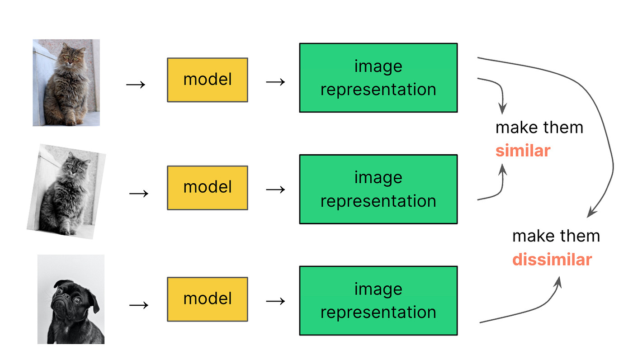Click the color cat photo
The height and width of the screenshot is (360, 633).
click(x=66, y=83)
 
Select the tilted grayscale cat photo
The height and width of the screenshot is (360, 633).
click(x=66, y=191)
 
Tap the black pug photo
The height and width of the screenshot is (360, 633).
click(x=71, y=299)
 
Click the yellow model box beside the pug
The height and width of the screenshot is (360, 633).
click(x=208, y=299)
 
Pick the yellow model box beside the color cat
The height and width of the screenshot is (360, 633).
click(x=208, y=80)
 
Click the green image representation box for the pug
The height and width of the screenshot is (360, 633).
click(x=378, y=301)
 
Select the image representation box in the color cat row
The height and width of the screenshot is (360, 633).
click(x=378, y=78)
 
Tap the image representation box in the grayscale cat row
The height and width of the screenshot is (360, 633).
click(x=378, y=189)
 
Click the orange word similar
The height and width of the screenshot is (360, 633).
click(x=522, y=151)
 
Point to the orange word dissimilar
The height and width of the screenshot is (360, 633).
click(x=552, y=260)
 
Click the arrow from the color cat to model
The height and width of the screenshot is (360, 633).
click(x=136, y=85)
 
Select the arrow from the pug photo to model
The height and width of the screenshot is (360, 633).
click(x=139, y=305)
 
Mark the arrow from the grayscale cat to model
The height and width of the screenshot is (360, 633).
click(x=139, y=193)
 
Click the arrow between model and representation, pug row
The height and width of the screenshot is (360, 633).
click(x=275, y=301)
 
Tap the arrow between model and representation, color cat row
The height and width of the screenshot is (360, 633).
click(x=275, y=81)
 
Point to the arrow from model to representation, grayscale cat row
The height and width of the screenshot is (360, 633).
click(x=275, y=189)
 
